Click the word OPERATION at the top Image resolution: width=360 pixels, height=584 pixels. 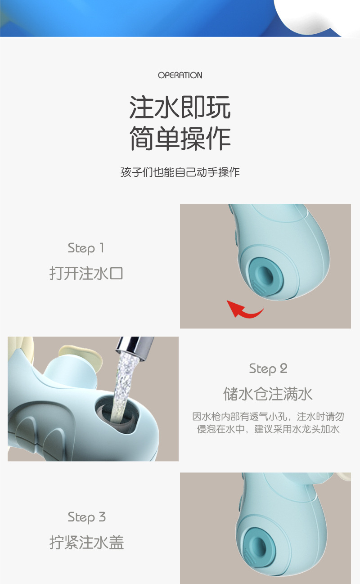[180, 75]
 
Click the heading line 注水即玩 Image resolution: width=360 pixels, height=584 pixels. [180, 108]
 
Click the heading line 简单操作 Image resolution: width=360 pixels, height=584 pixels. [180, 138]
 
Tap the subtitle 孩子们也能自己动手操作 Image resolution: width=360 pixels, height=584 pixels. [180, 172]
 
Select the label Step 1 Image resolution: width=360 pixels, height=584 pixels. [85, 248]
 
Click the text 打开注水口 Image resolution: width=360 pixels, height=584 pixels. [85, 273]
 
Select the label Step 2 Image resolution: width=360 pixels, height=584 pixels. [268, 368]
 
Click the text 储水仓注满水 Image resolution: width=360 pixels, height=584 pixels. [268, 394]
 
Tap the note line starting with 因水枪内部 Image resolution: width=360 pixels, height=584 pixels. [268, 417]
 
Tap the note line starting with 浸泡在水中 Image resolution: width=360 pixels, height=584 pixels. [268, 429]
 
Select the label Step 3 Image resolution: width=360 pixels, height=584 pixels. [86, 517]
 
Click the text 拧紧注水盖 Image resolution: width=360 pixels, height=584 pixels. [86, 542]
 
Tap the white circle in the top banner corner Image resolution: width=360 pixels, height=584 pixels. [315, 16]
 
